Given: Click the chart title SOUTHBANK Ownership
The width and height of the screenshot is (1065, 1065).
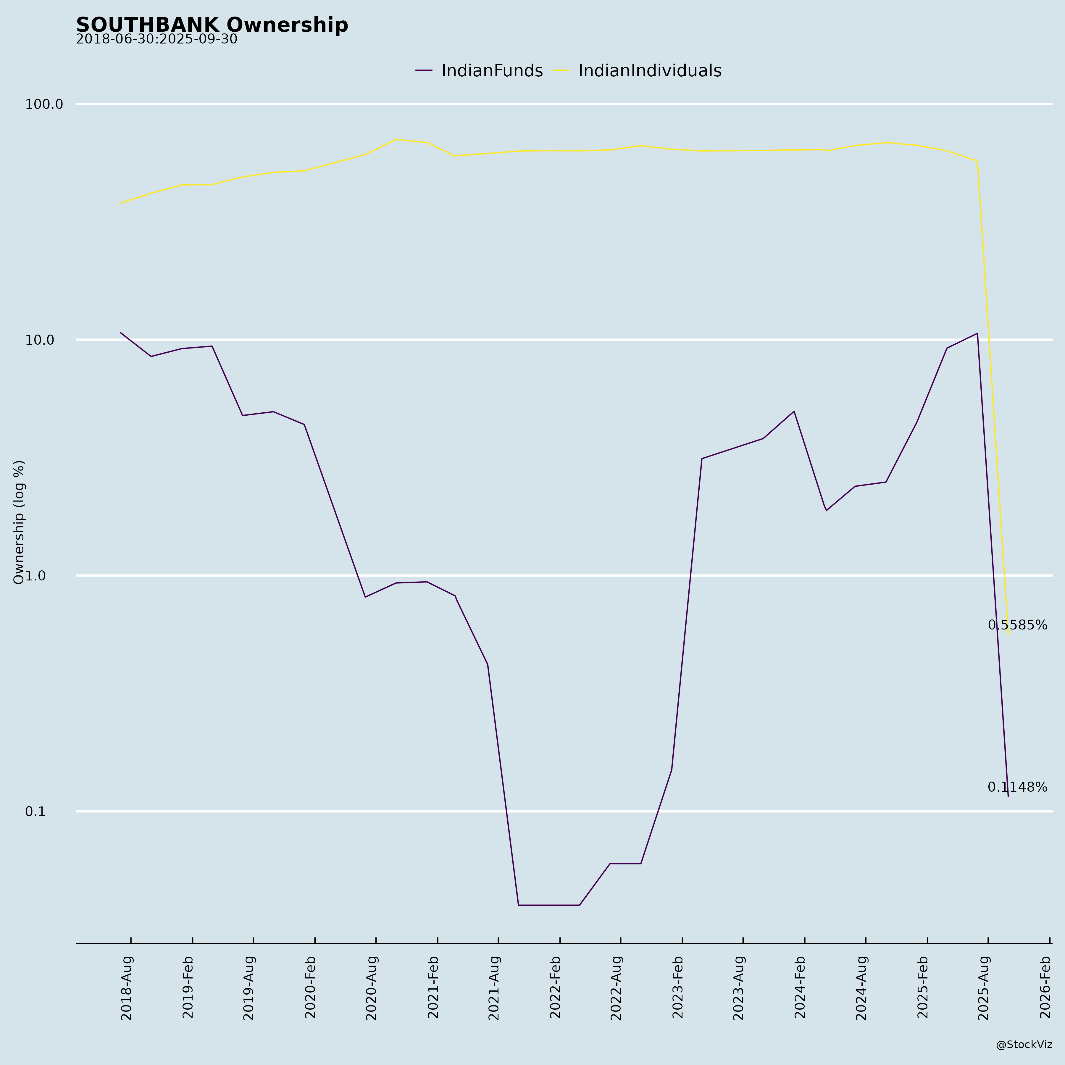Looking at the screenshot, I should tap(212, 25).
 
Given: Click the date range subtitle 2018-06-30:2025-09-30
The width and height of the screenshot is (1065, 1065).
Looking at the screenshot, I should tap(156, 40).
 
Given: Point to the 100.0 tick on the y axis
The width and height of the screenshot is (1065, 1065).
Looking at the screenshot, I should tap(44, 104).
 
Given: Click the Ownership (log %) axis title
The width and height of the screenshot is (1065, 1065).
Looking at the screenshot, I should tap(19, 522).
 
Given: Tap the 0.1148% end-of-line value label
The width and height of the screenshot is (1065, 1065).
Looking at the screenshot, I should tap(1017, 788).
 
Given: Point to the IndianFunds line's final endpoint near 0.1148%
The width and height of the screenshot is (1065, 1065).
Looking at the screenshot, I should tap(1008, 797).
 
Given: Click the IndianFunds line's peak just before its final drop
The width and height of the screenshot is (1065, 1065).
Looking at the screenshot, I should tap(977, 333).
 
